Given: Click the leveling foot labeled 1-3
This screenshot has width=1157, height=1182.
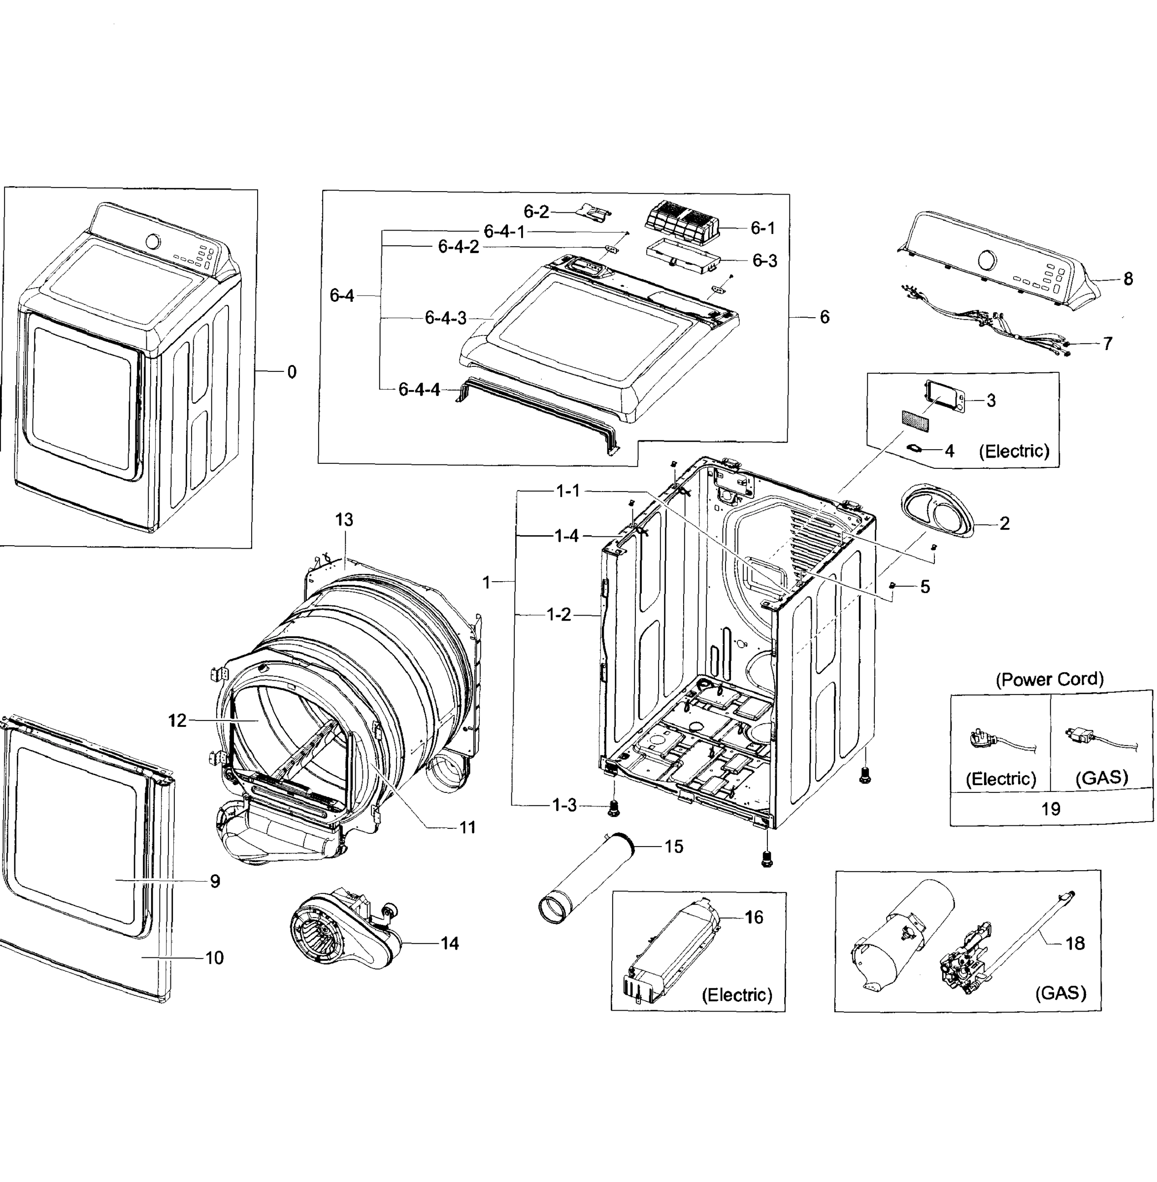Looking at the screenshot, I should pyautogui.click(x=614, y=808).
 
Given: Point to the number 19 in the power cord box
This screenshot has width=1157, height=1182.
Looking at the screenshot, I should pyautogui.click(x=1051, y=809).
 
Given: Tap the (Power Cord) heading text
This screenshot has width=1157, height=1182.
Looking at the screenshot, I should pyautogui.click(x=1050, y=679).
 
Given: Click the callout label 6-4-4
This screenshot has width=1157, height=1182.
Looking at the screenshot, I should pyautogui.click(x=419, y=390).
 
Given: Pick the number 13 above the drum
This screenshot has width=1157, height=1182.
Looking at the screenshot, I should pyautogui.click(x=344, y=520).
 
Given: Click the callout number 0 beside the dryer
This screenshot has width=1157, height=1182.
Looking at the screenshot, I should pyautogui.click(x=292, y=372).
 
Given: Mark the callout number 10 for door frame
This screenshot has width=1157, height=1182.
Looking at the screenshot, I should pyautogui.click(x=214, y=958).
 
